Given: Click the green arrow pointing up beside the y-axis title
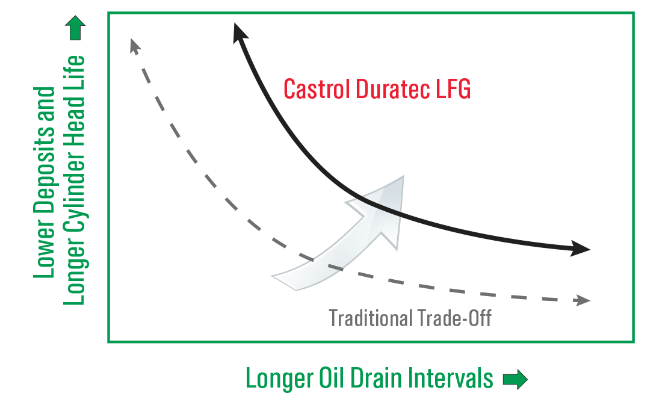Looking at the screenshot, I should pos(77,28).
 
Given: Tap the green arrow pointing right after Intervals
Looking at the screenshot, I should pos(515,379).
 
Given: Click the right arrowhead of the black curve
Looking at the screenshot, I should pos(581,249).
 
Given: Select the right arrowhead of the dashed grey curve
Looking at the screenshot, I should pos(583,300).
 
